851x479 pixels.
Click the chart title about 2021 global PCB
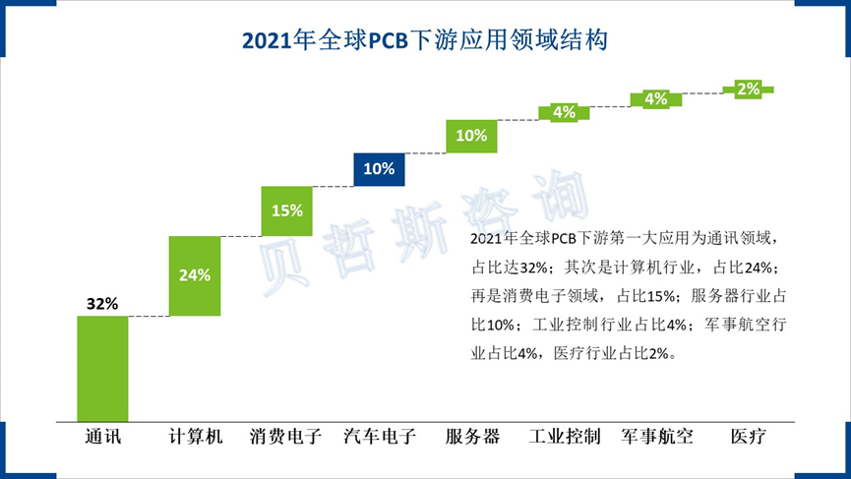pos(425,40)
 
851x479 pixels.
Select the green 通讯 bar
pos(102,369)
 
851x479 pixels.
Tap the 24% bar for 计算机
pos(194,276)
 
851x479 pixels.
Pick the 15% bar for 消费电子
pos(286,210)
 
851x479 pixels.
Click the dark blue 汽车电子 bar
pos(379,168)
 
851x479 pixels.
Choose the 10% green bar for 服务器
pos(471,136)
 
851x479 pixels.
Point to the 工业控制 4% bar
pos(564,112)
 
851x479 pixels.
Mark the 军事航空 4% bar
pos(655,98)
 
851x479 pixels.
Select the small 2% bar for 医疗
pos(748,89)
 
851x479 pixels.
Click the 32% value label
pos(102,304)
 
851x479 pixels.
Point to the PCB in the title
pos(390,41)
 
